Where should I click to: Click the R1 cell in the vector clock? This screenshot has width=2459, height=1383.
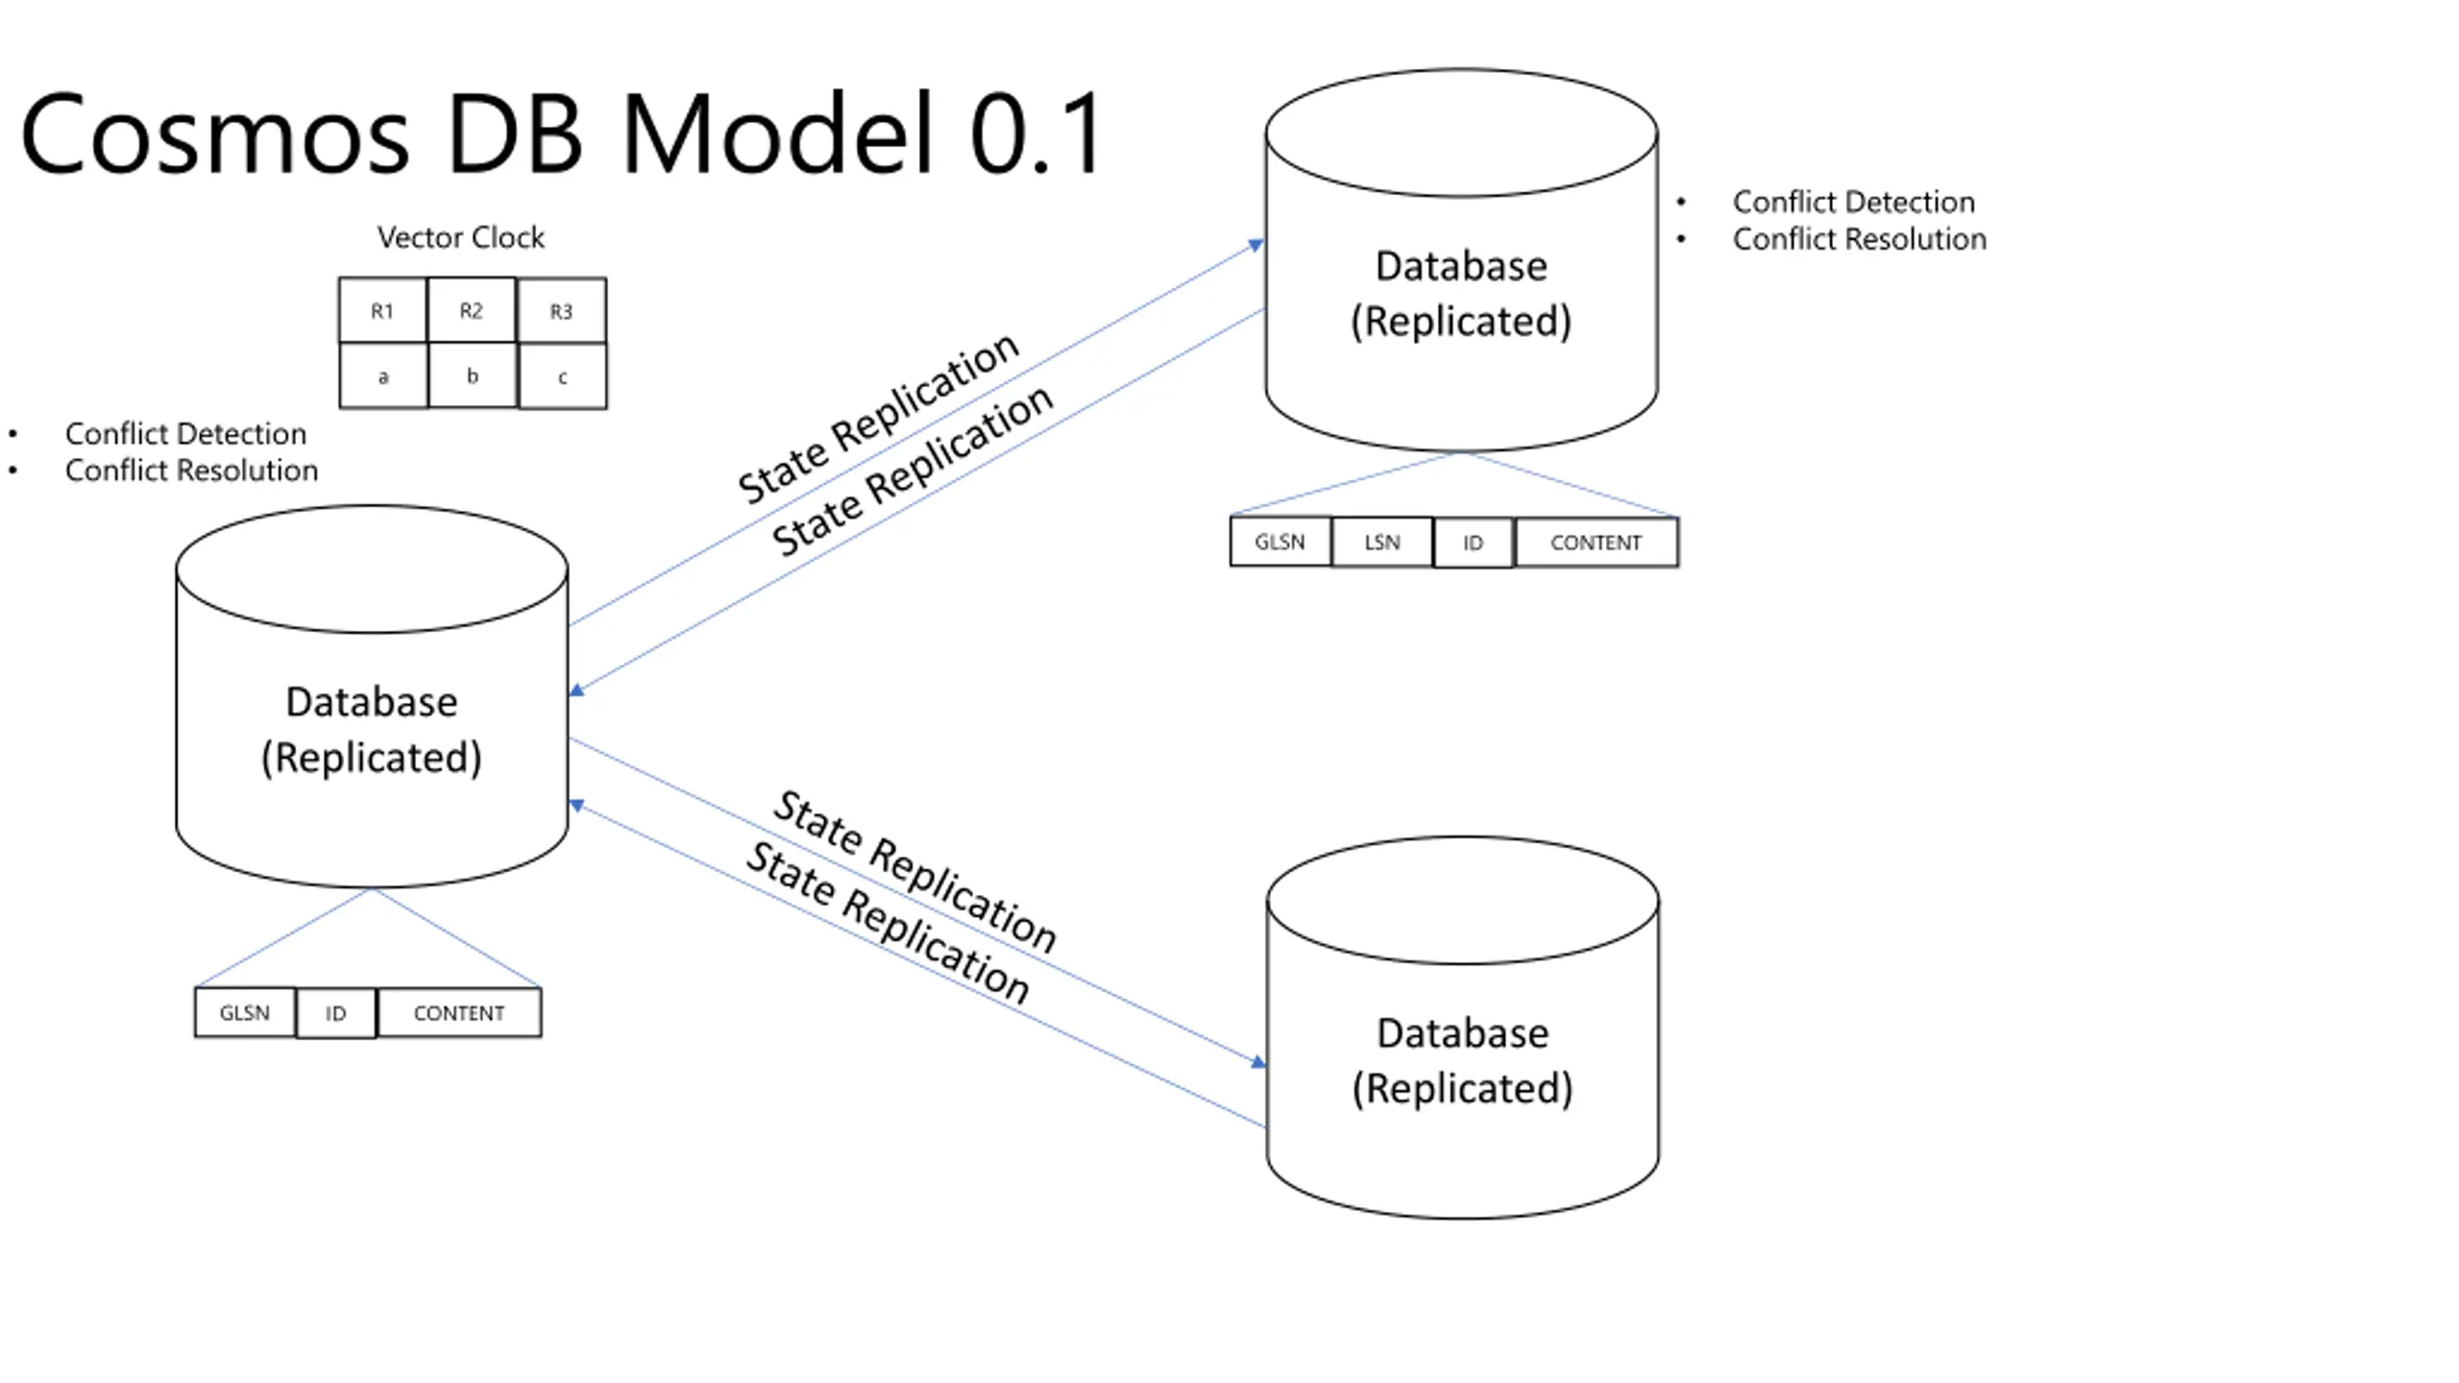382,310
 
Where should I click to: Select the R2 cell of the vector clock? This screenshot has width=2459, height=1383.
472,310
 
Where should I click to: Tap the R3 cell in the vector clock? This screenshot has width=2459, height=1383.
562,310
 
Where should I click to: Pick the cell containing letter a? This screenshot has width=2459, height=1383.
383,376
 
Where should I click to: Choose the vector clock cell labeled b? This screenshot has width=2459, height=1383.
473,376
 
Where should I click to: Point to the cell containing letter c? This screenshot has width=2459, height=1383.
563,376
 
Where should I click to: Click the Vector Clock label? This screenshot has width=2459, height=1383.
460,237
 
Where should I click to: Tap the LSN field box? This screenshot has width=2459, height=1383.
1382,543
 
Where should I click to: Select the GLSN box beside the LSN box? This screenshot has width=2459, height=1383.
1280,543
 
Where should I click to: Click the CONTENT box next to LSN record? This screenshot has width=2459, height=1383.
1596,543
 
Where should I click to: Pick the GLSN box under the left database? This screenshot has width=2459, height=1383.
245,1012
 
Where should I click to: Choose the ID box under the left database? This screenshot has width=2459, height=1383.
336,1012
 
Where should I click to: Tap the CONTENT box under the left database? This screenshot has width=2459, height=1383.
459,1012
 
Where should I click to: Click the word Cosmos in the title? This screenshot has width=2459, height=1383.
215,134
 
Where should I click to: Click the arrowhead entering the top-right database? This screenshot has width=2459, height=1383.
1255,245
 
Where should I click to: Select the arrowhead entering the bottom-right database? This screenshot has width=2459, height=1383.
1258,1061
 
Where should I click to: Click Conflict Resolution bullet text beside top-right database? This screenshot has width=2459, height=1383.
1859,239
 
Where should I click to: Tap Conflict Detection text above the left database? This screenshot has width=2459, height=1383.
185,434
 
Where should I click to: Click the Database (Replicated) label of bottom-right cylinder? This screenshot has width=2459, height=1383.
1463,1060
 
